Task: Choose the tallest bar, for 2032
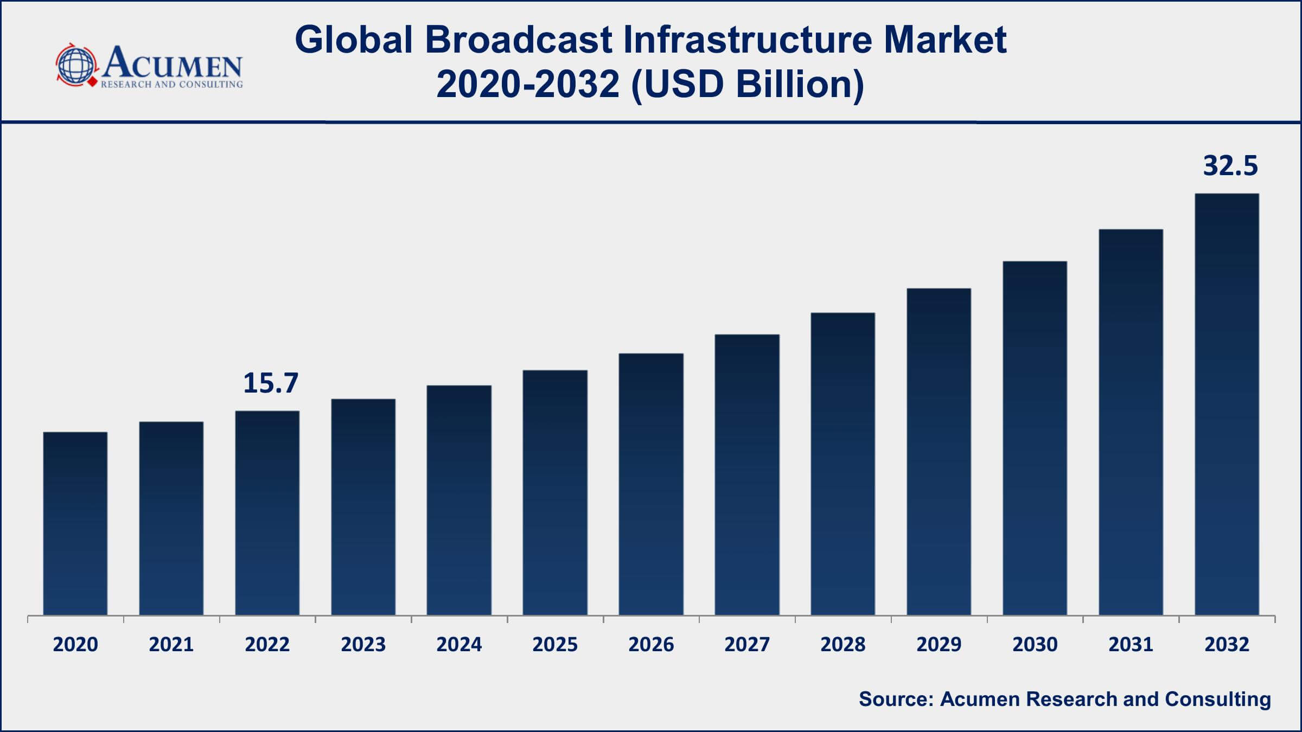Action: click(1227, 404)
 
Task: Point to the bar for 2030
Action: click(1035, 438)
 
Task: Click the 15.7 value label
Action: click(271, 383)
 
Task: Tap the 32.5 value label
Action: click(1230, 165)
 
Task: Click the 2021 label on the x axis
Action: click(171, 644)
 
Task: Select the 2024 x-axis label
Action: click(459, 644)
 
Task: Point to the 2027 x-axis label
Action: click(746, 644)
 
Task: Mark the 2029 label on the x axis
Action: click(939, 644)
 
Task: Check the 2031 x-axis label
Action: click(1131, 644)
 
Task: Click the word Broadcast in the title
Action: click(519, 40)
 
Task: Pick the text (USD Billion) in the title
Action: click(748, 85)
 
